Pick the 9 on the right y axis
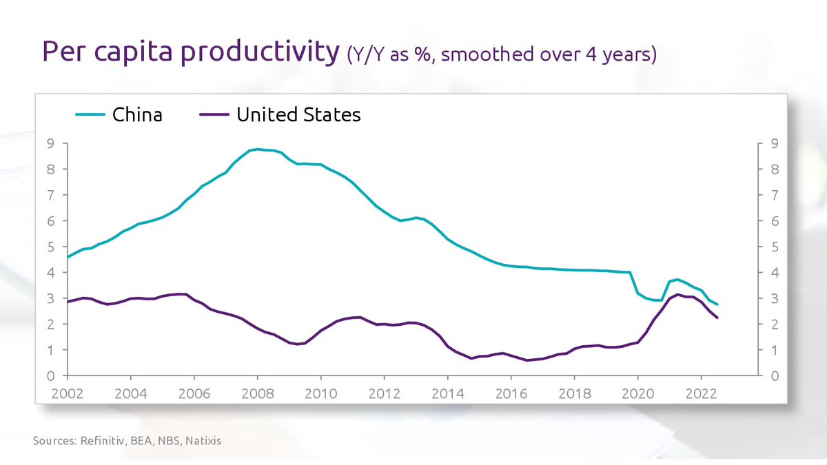pyautogui.click(x=775, y=143)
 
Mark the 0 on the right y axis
pyautogui.click(x=775, y=376)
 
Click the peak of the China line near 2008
pyautogui.click(x=257, y=149)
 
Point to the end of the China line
pyautogui.click(x=717, y=304)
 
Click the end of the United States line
pyautogui.click(x=717, y=318)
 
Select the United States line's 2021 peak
pyautogui.click(x=678, y=294)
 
